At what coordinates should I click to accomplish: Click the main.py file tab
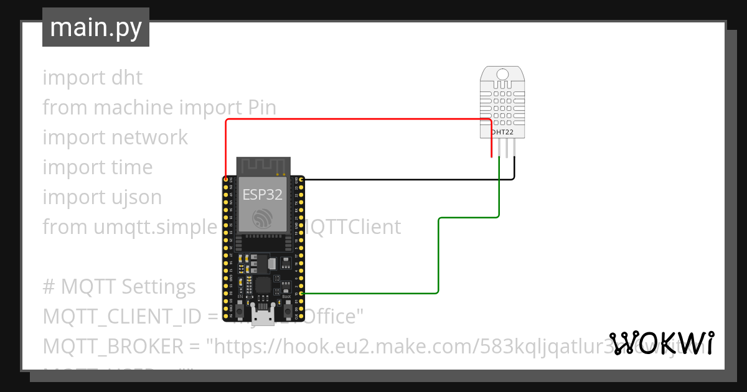pyautogui.click(x=95, y=27)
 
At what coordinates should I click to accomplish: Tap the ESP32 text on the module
pyautogui.click(x=262, y=194)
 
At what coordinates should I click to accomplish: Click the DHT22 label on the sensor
pyautogui.click(x=502, y=132)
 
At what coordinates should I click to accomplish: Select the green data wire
pyautogui.click(x=439, y=255)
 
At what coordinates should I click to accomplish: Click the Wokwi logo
pyautogui.click(x=661, y=342)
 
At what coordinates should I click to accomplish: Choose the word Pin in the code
pyautogui.click(x=262, y=108)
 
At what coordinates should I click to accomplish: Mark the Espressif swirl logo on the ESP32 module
pyautogui.click(x=262, y=217)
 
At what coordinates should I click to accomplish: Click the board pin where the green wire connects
pyautogui.click(x=301, y=292)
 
